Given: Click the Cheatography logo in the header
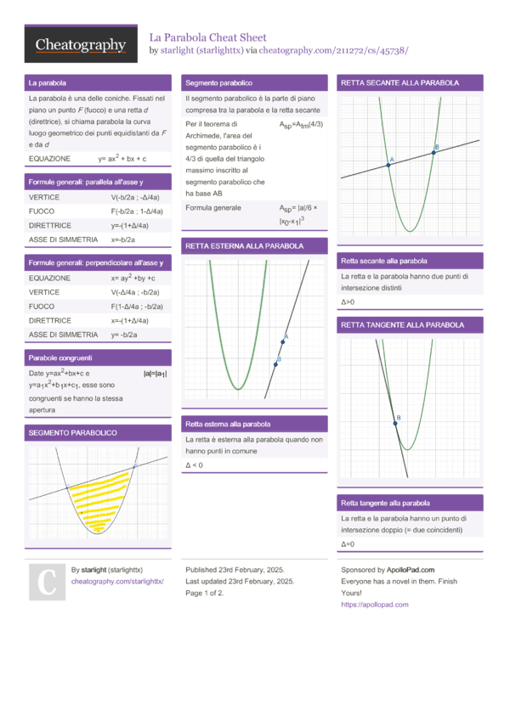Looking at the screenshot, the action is point(81,45).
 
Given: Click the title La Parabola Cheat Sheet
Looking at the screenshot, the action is point(208,37).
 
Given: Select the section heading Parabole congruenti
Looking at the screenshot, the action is point(60,358).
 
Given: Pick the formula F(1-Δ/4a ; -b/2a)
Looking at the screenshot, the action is point(137,306).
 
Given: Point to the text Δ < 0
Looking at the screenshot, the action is point(194,465).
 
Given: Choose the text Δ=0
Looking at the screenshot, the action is point(347,544).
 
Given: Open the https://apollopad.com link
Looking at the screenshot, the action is point(374,605).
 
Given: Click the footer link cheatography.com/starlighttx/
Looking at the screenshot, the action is point(117,581).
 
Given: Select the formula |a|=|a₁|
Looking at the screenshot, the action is point(155,374).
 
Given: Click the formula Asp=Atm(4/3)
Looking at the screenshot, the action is point(301,125).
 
